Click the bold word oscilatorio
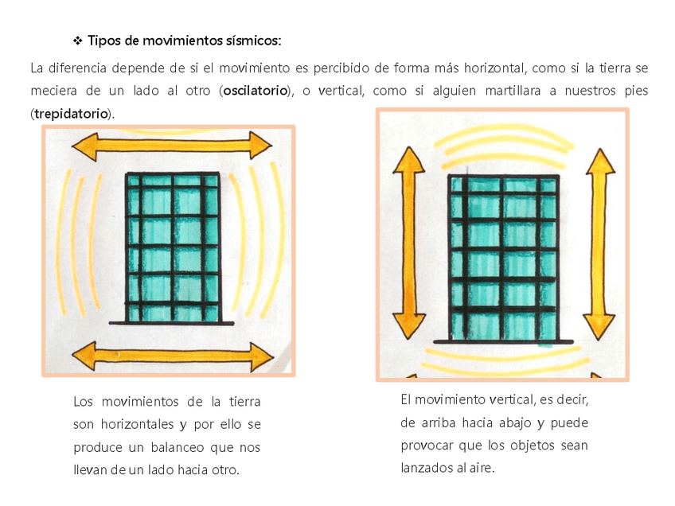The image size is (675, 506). pyautogui.click(x=255, y=91)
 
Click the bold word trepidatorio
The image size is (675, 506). pyautogui.click(x=71, y=113)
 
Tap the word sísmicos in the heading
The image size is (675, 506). pyautogui.click(x=252, y=39)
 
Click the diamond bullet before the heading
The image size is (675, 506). pyautogui.click(x=78, y=40)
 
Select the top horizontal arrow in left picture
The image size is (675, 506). pyautogui.click(x=172, y=146)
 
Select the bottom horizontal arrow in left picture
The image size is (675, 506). pyautogui.click(x=172, y=356)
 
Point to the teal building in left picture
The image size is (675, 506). pyautogui.click(x=173, y=248)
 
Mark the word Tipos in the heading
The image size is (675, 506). pyautogui.click(x=104, y=39)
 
